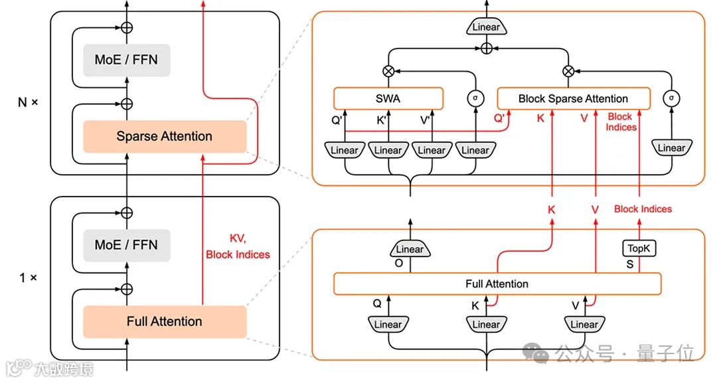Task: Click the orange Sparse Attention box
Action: [164, 137]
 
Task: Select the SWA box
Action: [388, 98]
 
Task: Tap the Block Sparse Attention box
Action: [573, 98]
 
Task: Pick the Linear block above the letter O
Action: [410, 249]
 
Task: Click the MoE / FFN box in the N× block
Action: [126, 60]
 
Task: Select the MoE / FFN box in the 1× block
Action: [126, 244]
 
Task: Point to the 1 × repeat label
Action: [27, 277]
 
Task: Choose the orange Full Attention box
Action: [164, 322]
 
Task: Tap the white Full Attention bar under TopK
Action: [497, 284]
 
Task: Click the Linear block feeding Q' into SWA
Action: [345, 150]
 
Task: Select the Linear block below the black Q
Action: [388, 324]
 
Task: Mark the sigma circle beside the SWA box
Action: [474, 98]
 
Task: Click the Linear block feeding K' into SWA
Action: [388, 150]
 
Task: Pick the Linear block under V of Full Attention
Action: [584, 324]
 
